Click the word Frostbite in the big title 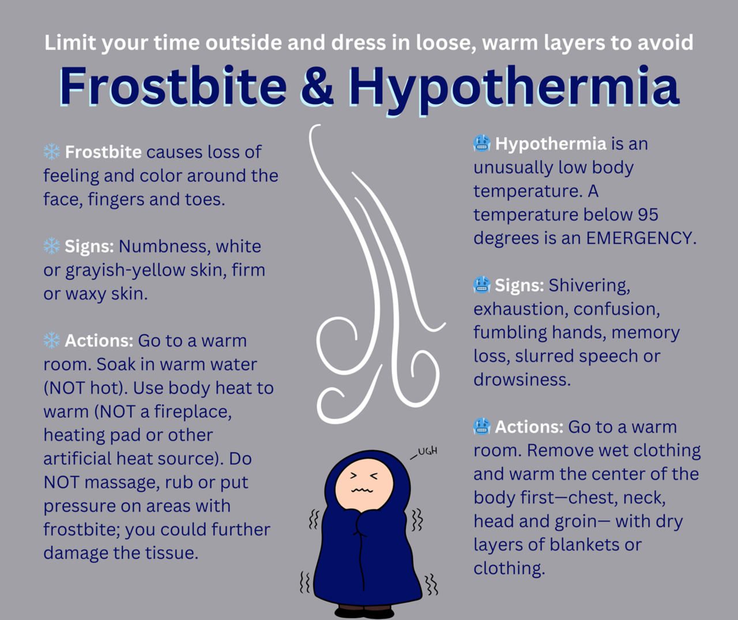coord(172,86)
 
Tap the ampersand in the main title coord(317,86)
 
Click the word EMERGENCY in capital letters coord(640,238)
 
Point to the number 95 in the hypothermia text coord(647,215)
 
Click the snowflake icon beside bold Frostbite coord(52,152)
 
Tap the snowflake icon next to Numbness coord(52,246)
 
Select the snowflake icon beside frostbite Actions coord(52,341)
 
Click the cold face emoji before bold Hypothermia coord(482,143)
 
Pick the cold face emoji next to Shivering coord(482,285)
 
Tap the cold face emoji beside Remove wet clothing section coord(482,427)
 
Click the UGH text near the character coord(427,451)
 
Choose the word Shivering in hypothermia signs coord(589,285)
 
